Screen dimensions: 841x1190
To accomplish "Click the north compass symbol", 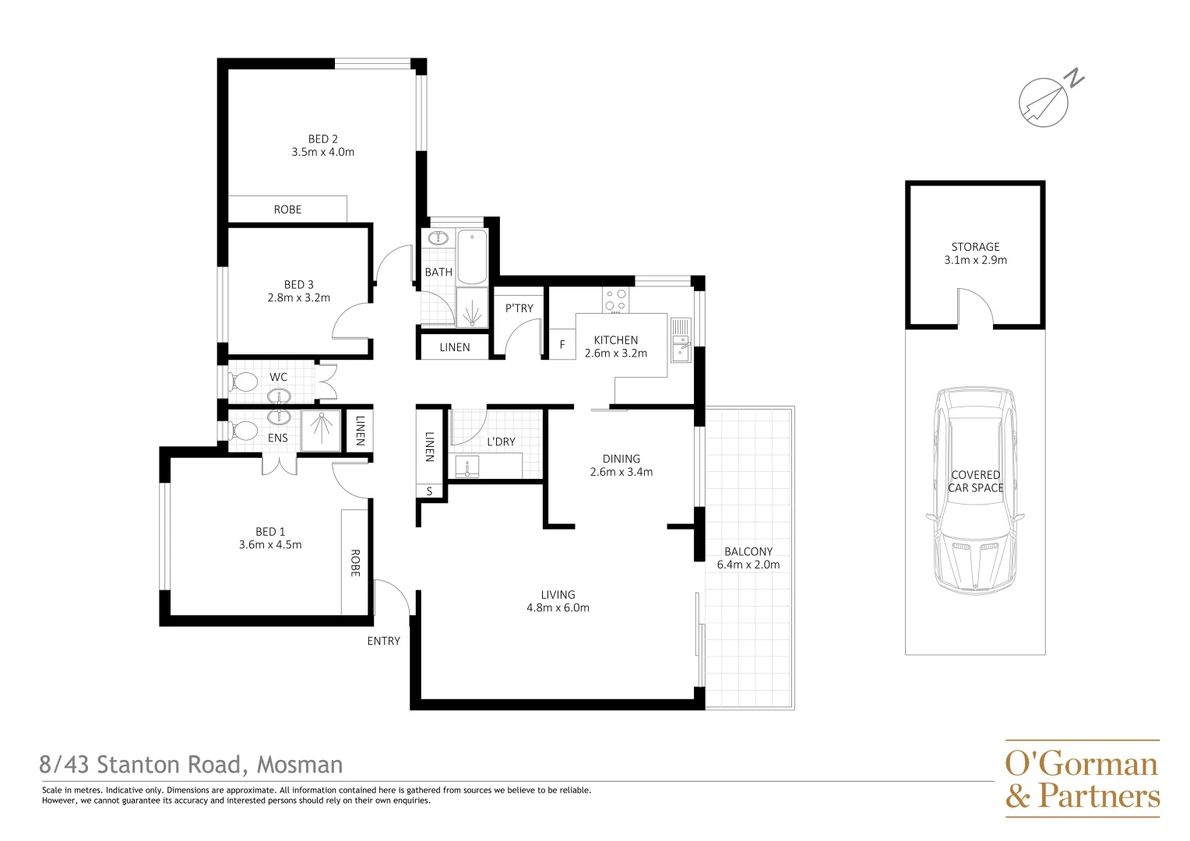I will click(x=1045, y=101).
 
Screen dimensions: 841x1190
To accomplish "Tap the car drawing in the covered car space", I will click(x=975, y=491).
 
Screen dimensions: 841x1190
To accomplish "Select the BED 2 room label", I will click(x=322, y=139).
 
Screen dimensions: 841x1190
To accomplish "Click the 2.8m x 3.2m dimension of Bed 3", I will click(x=299, y=297).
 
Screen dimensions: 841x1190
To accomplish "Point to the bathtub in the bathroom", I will click(x=472, y=257).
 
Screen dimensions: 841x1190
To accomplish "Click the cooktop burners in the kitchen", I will click(x=615, y=300).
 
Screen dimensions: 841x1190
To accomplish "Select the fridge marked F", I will click(x=562, y=344).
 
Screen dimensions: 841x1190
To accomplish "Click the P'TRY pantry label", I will click(x=519, y=308).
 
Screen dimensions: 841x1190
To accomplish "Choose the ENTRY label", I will click(x=383, y=641).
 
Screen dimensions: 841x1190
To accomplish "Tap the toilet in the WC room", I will click(x=244, y=382).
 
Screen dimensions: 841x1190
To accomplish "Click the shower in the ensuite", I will click(x=321, y=429).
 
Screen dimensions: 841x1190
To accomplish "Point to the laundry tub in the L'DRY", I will click(x=467, y=466).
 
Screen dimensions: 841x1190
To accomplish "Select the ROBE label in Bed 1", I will click(x=355, y=563).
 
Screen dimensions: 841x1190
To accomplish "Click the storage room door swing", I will click(x=975, y=308).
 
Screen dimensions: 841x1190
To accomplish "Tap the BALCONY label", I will click(x=748, y=551).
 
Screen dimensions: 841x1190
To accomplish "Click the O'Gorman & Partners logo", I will click(x=1082, y=779).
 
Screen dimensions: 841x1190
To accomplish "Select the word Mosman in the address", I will click(x=300, y=765).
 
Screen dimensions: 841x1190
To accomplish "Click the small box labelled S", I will click(x=429, y=491).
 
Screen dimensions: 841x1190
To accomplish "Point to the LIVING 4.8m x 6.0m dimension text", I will click(x=558, y=608).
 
